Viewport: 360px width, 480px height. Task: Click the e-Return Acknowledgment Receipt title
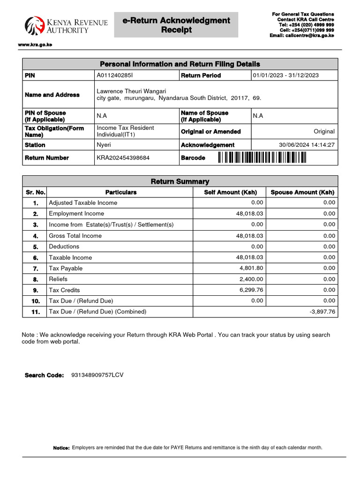(176, 25)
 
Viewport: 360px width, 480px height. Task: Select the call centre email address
(302, 35)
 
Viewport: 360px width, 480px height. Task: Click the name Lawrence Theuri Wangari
(131, 91)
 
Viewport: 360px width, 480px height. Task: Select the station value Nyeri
(104, 145)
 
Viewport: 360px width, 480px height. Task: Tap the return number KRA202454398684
(123, 158)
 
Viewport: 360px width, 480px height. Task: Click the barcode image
(262, 158)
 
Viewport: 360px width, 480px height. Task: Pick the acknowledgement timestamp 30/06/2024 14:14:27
(307, 145)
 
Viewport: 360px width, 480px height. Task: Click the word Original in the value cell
(324, 132)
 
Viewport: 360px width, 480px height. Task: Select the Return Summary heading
(180, 181)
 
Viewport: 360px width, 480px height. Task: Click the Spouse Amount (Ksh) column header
(302, 192)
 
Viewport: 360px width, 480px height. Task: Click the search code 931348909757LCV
(97, 375)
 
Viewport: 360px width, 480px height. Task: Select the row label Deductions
(64, 247)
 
